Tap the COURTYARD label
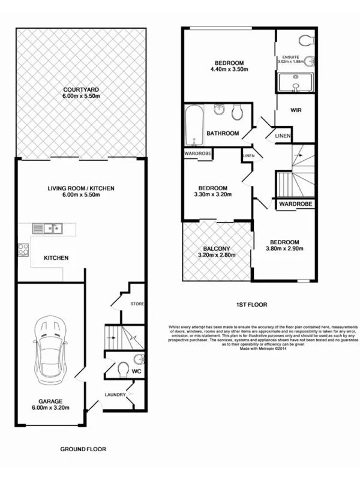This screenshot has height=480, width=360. [81, 91]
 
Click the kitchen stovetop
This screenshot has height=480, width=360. [25, 250]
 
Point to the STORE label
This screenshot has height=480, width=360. [138, 305]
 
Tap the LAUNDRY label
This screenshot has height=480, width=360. [115, 394]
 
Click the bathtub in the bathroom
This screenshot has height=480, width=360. [193, 125]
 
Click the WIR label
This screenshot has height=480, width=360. [295, 110]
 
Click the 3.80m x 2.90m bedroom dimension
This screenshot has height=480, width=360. [284, 250]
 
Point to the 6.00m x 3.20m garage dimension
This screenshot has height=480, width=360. [51, 408]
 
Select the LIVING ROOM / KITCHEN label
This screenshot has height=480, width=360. [81, 188]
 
